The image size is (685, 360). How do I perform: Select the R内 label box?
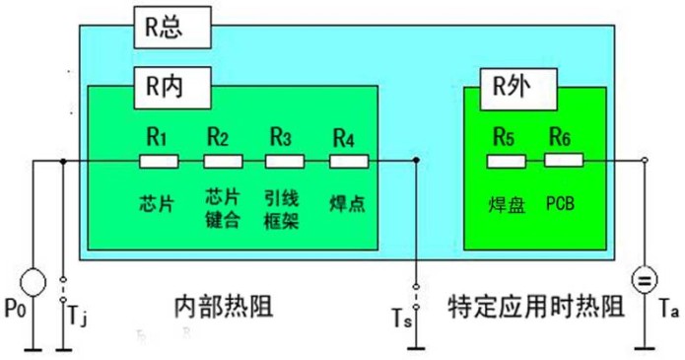pos(171,90)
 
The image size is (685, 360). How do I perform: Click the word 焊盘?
pos(506,205)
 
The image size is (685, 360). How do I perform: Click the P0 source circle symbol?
pos(33,282)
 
